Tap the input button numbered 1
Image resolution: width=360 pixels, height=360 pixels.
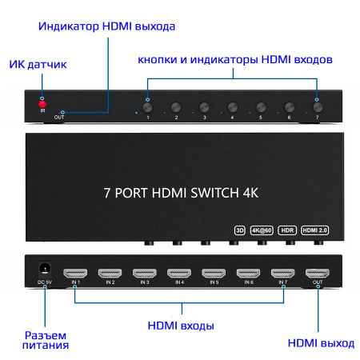pyautogui.click(x=148, y=106)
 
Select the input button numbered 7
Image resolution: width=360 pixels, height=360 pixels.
pyautogui.click(x=317, y=106)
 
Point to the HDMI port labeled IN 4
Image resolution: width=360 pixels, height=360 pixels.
pyautogui.click(x=178, y=273)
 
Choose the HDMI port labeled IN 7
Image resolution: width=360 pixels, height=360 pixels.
pyautogui.click(x=282, y=273)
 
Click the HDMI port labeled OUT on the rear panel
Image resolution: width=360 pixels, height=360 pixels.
pyautogui.click(x=317, y=273)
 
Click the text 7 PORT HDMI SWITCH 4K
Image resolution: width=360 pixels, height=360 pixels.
pyautogui.click(x=182, y=193)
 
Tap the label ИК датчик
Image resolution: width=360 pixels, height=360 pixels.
pyautogui.click(x=38, y=64)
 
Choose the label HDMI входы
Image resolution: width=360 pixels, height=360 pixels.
pyautogui.click(x=181, y=326)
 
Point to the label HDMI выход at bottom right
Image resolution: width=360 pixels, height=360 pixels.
pyautogui.click(x=320, y=343)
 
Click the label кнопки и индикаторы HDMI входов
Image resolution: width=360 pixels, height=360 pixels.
pyautogui.click(x=234, y=59)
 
